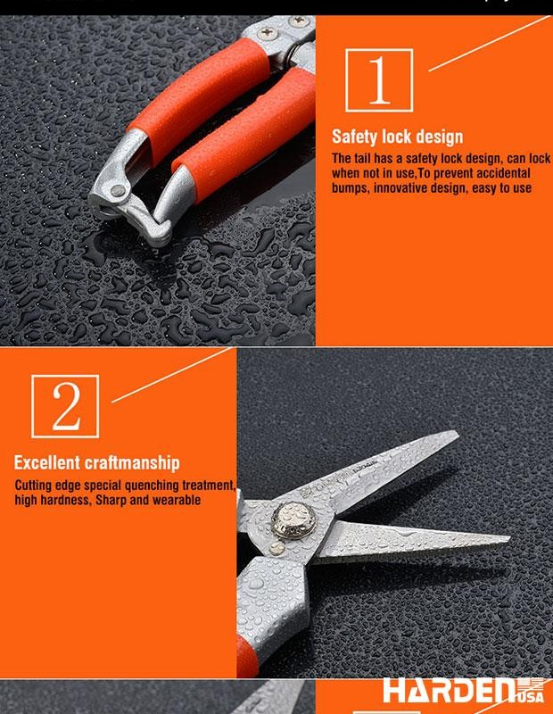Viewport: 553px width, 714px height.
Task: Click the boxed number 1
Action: pos(379,80)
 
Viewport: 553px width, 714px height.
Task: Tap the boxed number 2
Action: pos(65,406)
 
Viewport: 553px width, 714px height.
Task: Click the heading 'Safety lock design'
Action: pos(397,137)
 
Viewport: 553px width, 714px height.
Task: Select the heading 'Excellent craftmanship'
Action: pos(96,462)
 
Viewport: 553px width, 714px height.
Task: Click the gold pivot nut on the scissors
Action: pos(293,519)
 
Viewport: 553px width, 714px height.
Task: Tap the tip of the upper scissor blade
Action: pos(457,433)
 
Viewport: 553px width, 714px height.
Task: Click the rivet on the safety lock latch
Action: pos(118,191)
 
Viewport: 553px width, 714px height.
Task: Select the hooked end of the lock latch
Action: pos(161,230)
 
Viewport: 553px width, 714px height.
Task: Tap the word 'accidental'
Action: pos(503,173)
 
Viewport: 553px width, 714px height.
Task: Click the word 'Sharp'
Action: pos(111,500)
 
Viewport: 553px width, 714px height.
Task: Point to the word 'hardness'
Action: pos(65,500)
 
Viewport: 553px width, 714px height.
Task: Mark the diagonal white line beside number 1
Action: pos(490,43)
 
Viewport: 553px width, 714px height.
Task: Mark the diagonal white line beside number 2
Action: pos(171,375)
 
